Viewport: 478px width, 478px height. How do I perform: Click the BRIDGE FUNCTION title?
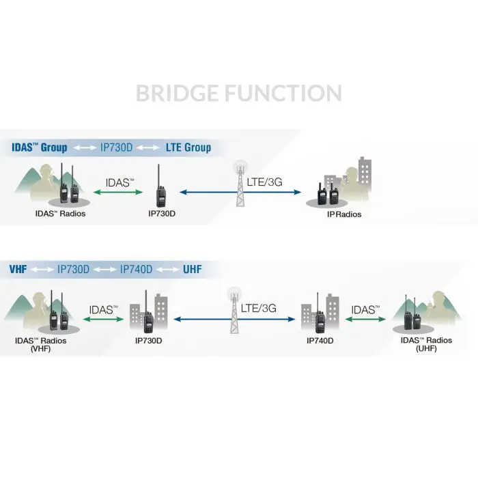click(239, 94)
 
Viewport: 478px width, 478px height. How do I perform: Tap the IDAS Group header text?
click(40, 147)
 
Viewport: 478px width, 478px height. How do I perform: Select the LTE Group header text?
click(188, 147)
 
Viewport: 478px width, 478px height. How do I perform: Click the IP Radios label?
click(344, 214)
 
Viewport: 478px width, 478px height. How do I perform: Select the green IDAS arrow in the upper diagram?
click(118, 192)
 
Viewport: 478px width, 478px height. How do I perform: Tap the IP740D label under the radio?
click(320, 341)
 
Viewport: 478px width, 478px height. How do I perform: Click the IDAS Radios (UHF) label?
click(426, 344)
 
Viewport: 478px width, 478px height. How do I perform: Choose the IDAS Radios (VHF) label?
click(40, 344)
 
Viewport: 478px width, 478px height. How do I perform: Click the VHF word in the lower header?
click(18, 269)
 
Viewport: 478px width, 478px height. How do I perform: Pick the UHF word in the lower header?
click(193, 269)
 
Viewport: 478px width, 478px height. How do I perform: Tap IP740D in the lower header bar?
click(136, 269)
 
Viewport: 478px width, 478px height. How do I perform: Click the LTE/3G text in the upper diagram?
click(265, 182)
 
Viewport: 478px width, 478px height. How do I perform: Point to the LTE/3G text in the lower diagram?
click(259, 308)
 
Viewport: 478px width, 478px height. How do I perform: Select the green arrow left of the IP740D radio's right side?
click(365, 319)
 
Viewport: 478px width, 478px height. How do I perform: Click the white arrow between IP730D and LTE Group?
click(148, 148)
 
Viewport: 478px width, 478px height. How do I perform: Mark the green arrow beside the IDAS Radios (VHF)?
click(103, 319)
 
